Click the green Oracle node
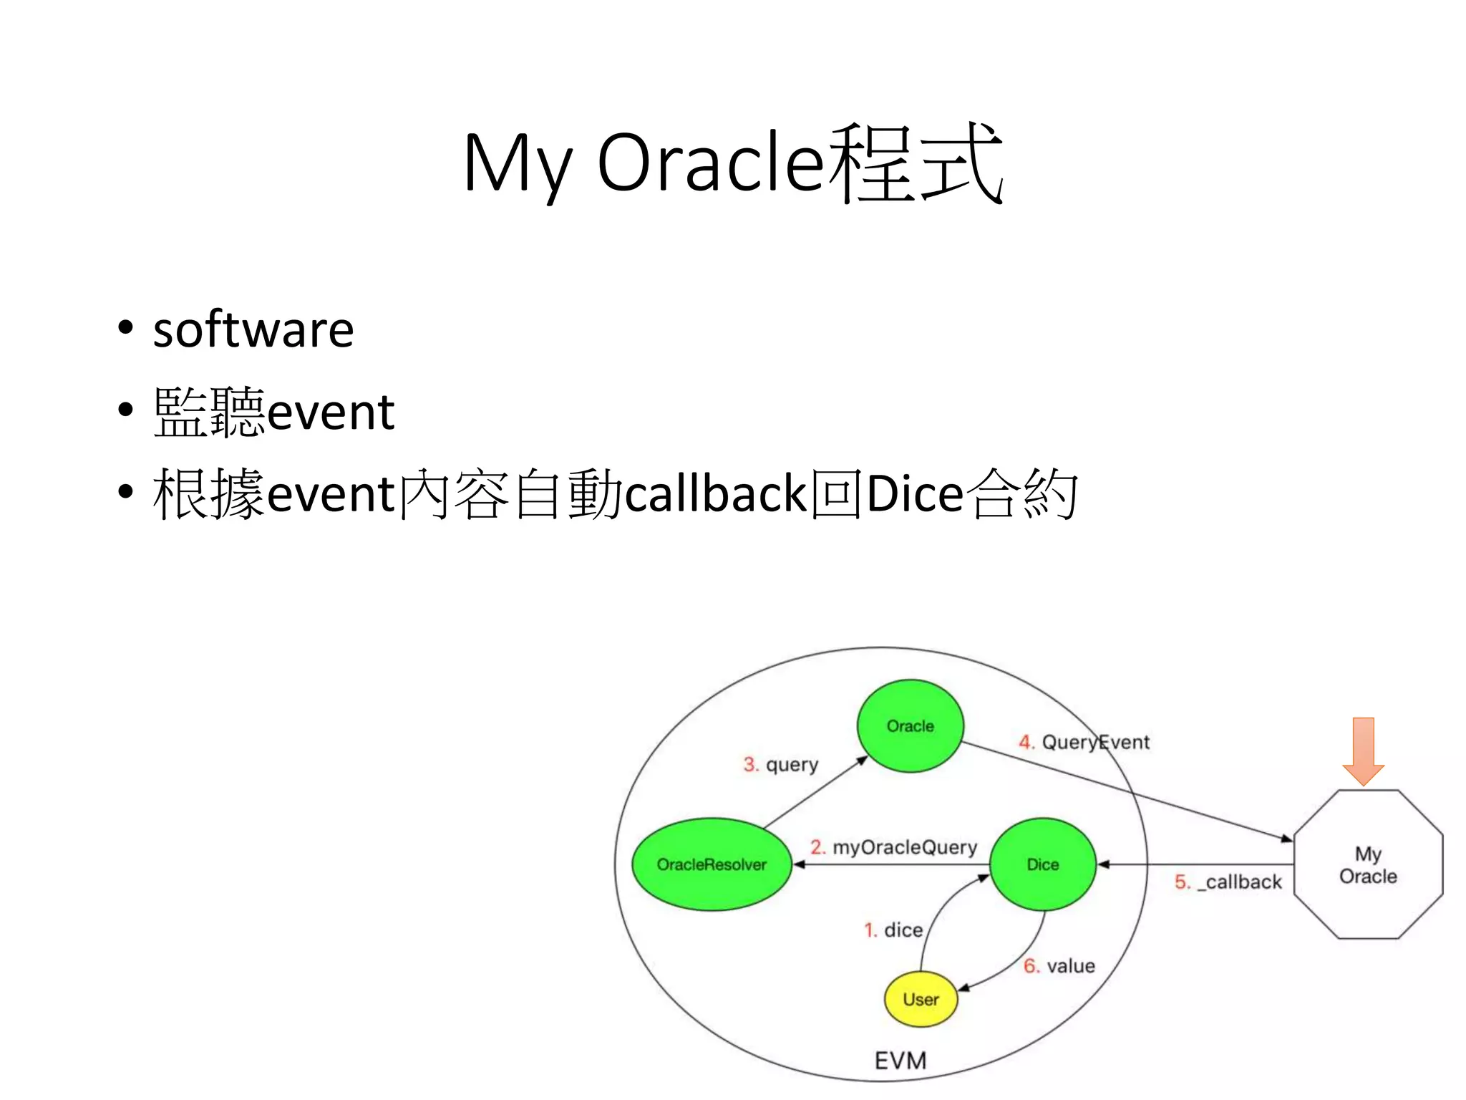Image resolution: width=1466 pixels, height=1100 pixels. (x=910, y=725)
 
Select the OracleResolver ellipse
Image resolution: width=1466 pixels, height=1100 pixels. (x=712, y=864)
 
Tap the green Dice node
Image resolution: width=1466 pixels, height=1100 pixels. (x=1042, y=864)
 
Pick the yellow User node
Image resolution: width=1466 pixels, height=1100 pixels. (x=921, y=999)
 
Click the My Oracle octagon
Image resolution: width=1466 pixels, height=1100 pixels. (x=1368, y=864)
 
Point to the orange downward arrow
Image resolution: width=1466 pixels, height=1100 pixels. (x=1363, y=751)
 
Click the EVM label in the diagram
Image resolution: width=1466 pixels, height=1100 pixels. (x=901, y=1061)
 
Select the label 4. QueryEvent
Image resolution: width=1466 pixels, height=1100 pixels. (x=1084, y=742)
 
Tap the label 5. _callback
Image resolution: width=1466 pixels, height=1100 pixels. (x=1228, y=882)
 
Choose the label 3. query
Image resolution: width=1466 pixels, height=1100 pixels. (x=780, y=765)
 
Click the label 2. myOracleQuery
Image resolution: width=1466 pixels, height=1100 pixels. (x=893, y=847)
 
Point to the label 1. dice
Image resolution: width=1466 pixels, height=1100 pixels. (x=893, y=930)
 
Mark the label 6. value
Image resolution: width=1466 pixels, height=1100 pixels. (x=1059, y=966)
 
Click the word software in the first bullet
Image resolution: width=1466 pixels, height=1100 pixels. (x=253, y=330)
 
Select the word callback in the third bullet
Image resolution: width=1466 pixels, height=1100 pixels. (x=717, y=494)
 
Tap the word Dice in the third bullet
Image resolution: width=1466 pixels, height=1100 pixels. (x=914, y=494)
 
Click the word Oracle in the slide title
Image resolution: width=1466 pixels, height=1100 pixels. (x=710, y=163)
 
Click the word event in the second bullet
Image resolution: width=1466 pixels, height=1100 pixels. (x=331, y=413)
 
